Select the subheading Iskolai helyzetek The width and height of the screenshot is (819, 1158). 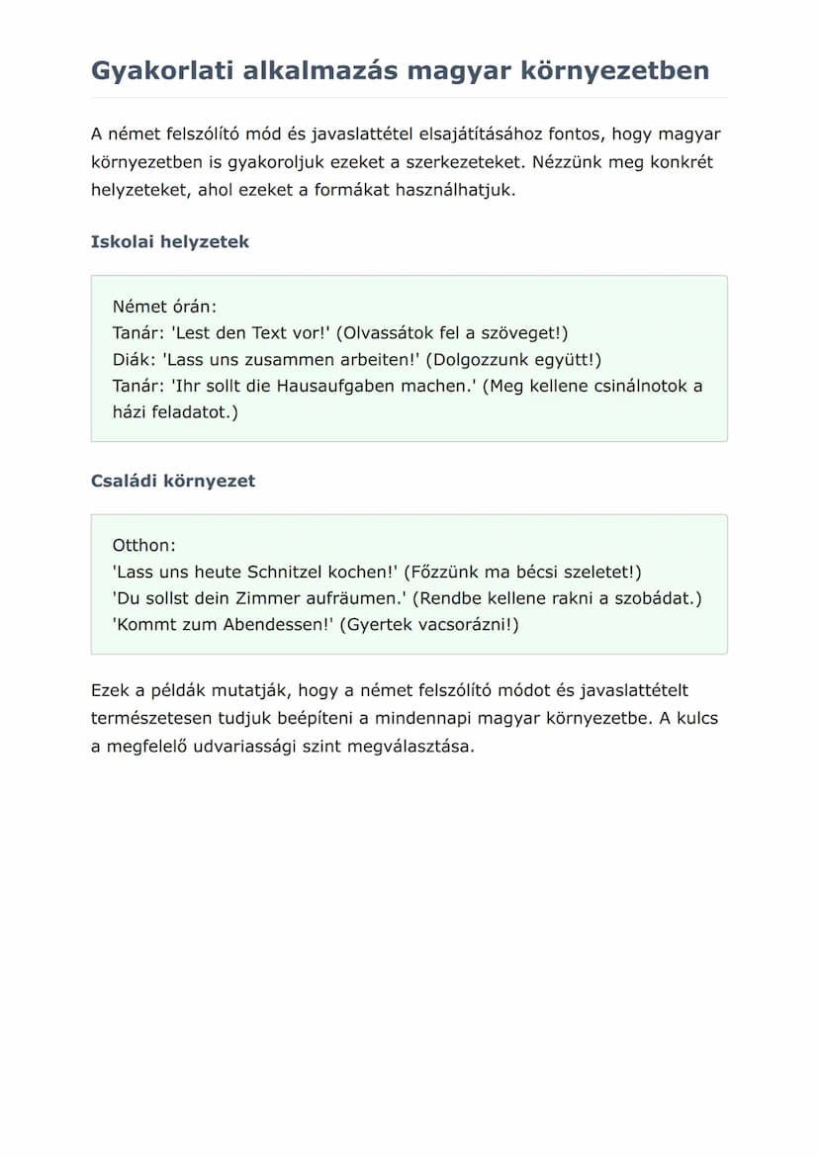pos(169,242)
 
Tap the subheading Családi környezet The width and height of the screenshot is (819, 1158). pos(172,482)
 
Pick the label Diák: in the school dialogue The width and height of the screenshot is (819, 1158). pos(135,360)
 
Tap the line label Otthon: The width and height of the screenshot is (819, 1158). pos(143,545)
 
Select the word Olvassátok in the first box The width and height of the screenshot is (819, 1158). pos(389,333)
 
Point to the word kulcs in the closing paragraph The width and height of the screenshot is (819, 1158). pos(697,719)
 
